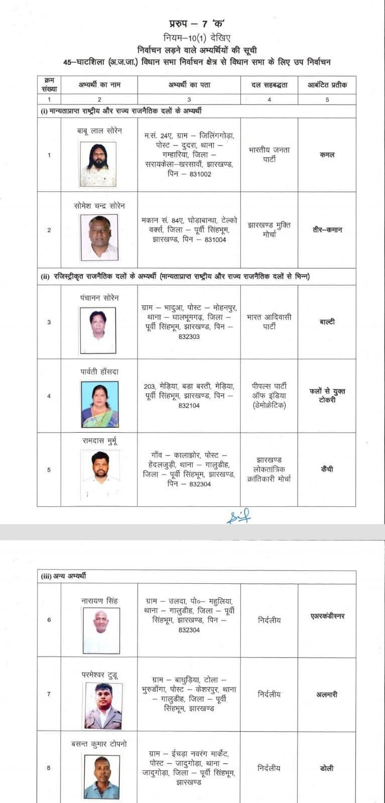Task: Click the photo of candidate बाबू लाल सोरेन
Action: coord(98,164)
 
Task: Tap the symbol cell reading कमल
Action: coord(327,155)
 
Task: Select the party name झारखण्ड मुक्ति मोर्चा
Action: coord(269,230)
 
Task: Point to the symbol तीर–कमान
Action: coord(327,230)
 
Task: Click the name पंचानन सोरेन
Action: coord(99,298)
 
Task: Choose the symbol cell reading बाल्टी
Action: coord(327,322)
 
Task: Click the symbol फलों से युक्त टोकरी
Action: coord(327,395)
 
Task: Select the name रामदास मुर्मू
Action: coord(100,441)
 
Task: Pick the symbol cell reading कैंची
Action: coord(327,470)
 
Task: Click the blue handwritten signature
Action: coord(238,516)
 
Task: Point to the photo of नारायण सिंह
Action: coord(101,630)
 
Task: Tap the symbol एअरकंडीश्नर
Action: coord(327,616)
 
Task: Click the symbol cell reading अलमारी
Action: coord(327,695)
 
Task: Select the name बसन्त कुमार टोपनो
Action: coord(99,743)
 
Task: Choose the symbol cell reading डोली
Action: coord(327,768)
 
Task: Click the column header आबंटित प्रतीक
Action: coord(327,85)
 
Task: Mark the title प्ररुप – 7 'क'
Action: coord(196,24)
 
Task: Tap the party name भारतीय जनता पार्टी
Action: coord(269,155)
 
